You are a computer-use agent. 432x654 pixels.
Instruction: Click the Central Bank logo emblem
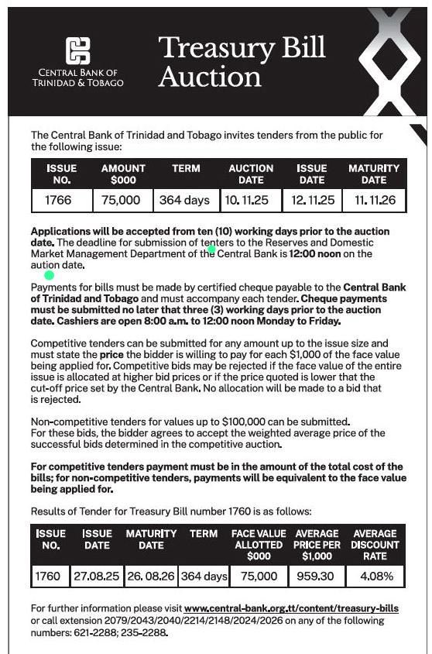click(77, 51)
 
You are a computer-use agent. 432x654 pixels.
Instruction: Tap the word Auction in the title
click(199, 77)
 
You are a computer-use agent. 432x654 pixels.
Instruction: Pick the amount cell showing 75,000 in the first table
click(122, 200)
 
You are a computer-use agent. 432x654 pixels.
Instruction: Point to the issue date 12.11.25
click(313, 200)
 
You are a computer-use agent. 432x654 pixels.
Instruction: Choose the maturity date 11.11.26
click(375, 200)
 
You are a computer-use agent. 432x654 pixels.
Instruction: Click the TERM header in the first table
click(186, 168)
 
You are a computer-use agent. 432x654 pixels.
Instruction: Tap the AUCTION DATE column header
click(251, 174)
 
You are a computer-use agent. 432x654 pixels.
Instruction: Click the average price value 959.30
click(317, 576)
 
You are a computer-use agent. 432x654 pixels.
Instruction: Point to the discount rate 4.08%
click(375, 576)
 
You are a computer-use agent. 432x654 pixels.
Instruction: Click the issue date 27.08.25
click(97, 576)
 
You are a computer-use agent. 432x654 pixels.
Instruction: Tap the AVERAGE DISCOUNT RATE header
click(375, 545)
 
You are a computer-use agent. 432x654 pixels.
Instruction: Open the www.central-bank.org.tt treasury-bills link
click(291, 608)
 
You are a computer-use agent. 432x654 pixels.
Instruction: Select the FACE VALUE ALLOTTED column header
click(259, 545)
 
